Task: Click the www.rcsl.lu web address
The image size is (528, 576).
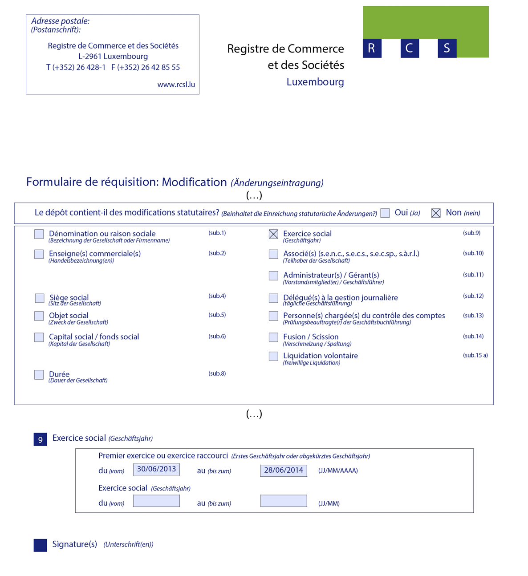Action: tap(176, 85)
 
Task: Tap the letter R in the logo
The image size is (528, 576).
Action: tap(372, 48)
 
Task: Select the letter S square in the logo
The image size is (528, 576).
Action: tap(447, 48)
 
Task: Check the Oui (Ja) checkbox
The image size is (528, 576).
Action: tap(385, 213)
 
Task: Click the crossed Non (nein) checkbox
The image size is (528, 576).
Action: tap(436, 213)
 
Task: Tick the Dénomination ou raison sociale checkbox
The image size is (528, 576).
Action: tap(39, 234)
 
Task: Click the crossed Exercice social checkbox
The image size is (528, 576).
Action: tap(273, 234)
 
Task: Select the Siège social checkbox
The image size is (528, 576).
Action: tap(40, 298)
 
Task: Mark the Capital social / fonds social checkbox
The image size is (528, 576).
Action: tap(39, 337)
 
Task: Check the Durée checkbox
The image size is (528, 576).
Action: tap(39, 375)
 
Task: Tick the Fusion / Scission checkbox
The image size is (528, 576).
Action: tap(273, 337)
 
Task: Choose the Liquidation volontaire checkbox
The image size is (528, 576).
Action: tap(273, 356)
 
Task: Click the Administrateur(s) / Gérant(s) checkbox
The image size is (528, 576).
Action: tap(273, 276)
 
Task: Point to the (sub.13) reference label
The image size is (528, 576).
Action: tap(473, 316)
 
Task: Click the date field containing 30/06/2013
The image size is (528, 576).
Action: tap(157, 470)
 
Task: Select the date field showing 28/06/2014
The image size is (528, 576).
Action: tap(284, 471)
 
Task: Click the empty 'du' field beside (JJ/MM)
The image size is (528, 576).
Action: tap(157, 501)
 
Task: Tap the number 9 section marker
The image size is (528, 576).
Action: tap(40, 439)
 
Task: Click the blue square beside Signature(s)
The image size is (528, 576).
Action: tap(40, 545)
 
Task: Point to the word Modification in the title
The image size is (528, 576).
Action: tap(194, 182)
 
